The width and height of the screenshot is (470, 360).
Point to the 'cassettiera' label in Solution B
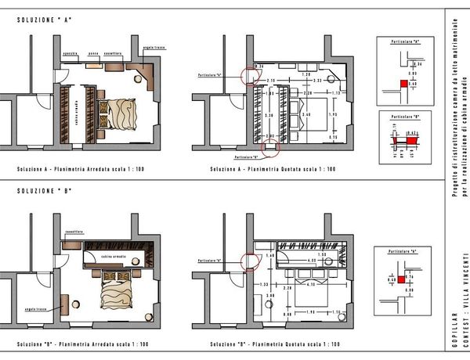74,232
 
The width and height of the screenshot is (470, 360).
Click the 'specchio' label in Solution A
70,53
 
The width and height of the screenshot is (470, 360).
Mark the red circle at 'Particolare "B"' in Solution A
269,147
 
